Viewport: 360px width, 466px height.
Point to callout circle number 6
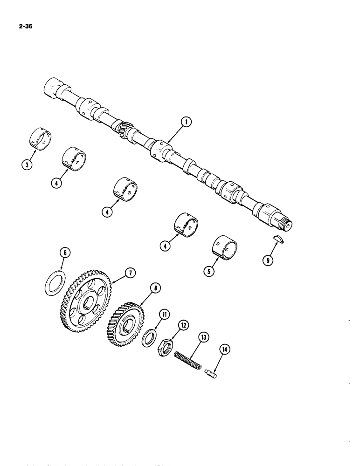tap(65, 253)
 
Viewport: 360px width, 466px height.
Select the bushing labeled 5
tap(226, 247)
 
